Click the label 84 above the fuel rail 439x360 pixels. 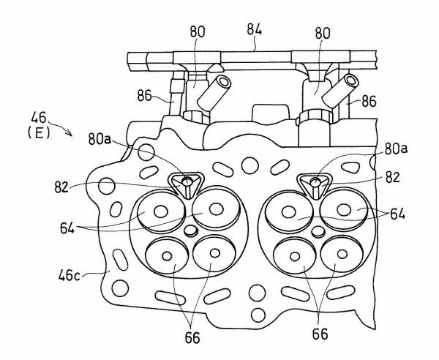coord(254,30)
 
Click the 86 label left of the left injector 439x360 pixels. coord(146,95)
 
